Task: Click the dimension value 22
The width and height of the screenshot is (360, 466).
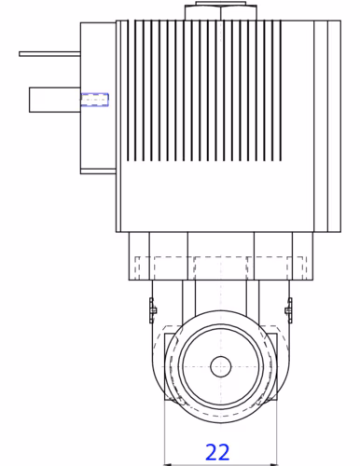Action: click(217, 452)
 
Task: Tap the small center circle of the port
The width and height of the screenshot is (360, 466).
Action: click(221, 366)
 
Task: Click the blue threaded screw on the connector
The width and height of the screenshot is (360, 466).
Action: click(94, 100)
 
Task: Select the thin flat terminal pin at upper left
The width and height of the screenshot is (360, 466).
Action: click(49, 54)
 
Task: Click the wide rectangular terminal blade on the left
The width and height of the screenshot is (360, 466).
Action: click(55, 100)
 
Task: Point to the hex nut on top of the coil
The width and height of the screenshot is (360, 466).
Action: click(221, 11)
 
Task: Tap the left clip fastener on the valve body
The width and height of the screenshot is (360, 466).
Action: click(152, 310)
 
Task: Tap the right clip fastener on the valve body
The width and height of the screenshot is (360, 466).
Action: click(289, 310)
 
